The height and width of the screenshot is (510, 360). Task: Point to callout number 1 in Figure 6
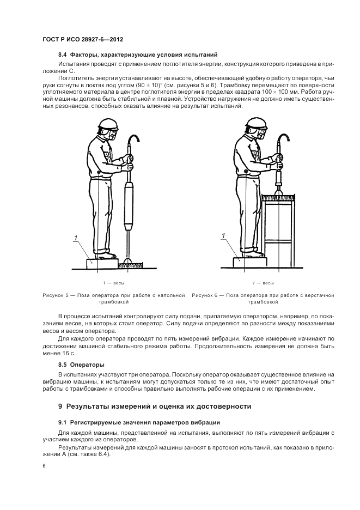[x=222, y=235]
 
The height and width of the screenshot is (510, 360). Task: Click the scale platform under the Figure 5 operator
[x=102, y=263]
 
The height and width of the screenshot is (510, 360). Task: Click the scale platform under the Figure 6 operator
[x=250, y=262]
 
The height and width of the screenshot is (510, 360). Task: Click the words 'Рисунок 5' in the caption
[x=55, y=295]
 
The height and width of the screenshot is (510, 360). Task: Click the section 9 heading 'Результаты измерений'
[x=155, y=406]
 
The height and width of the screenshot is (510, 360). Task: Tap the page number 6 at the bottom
[x=44, y=466]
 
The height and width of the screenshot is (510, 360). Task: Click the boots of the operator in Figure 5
[x=106, y=254]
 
